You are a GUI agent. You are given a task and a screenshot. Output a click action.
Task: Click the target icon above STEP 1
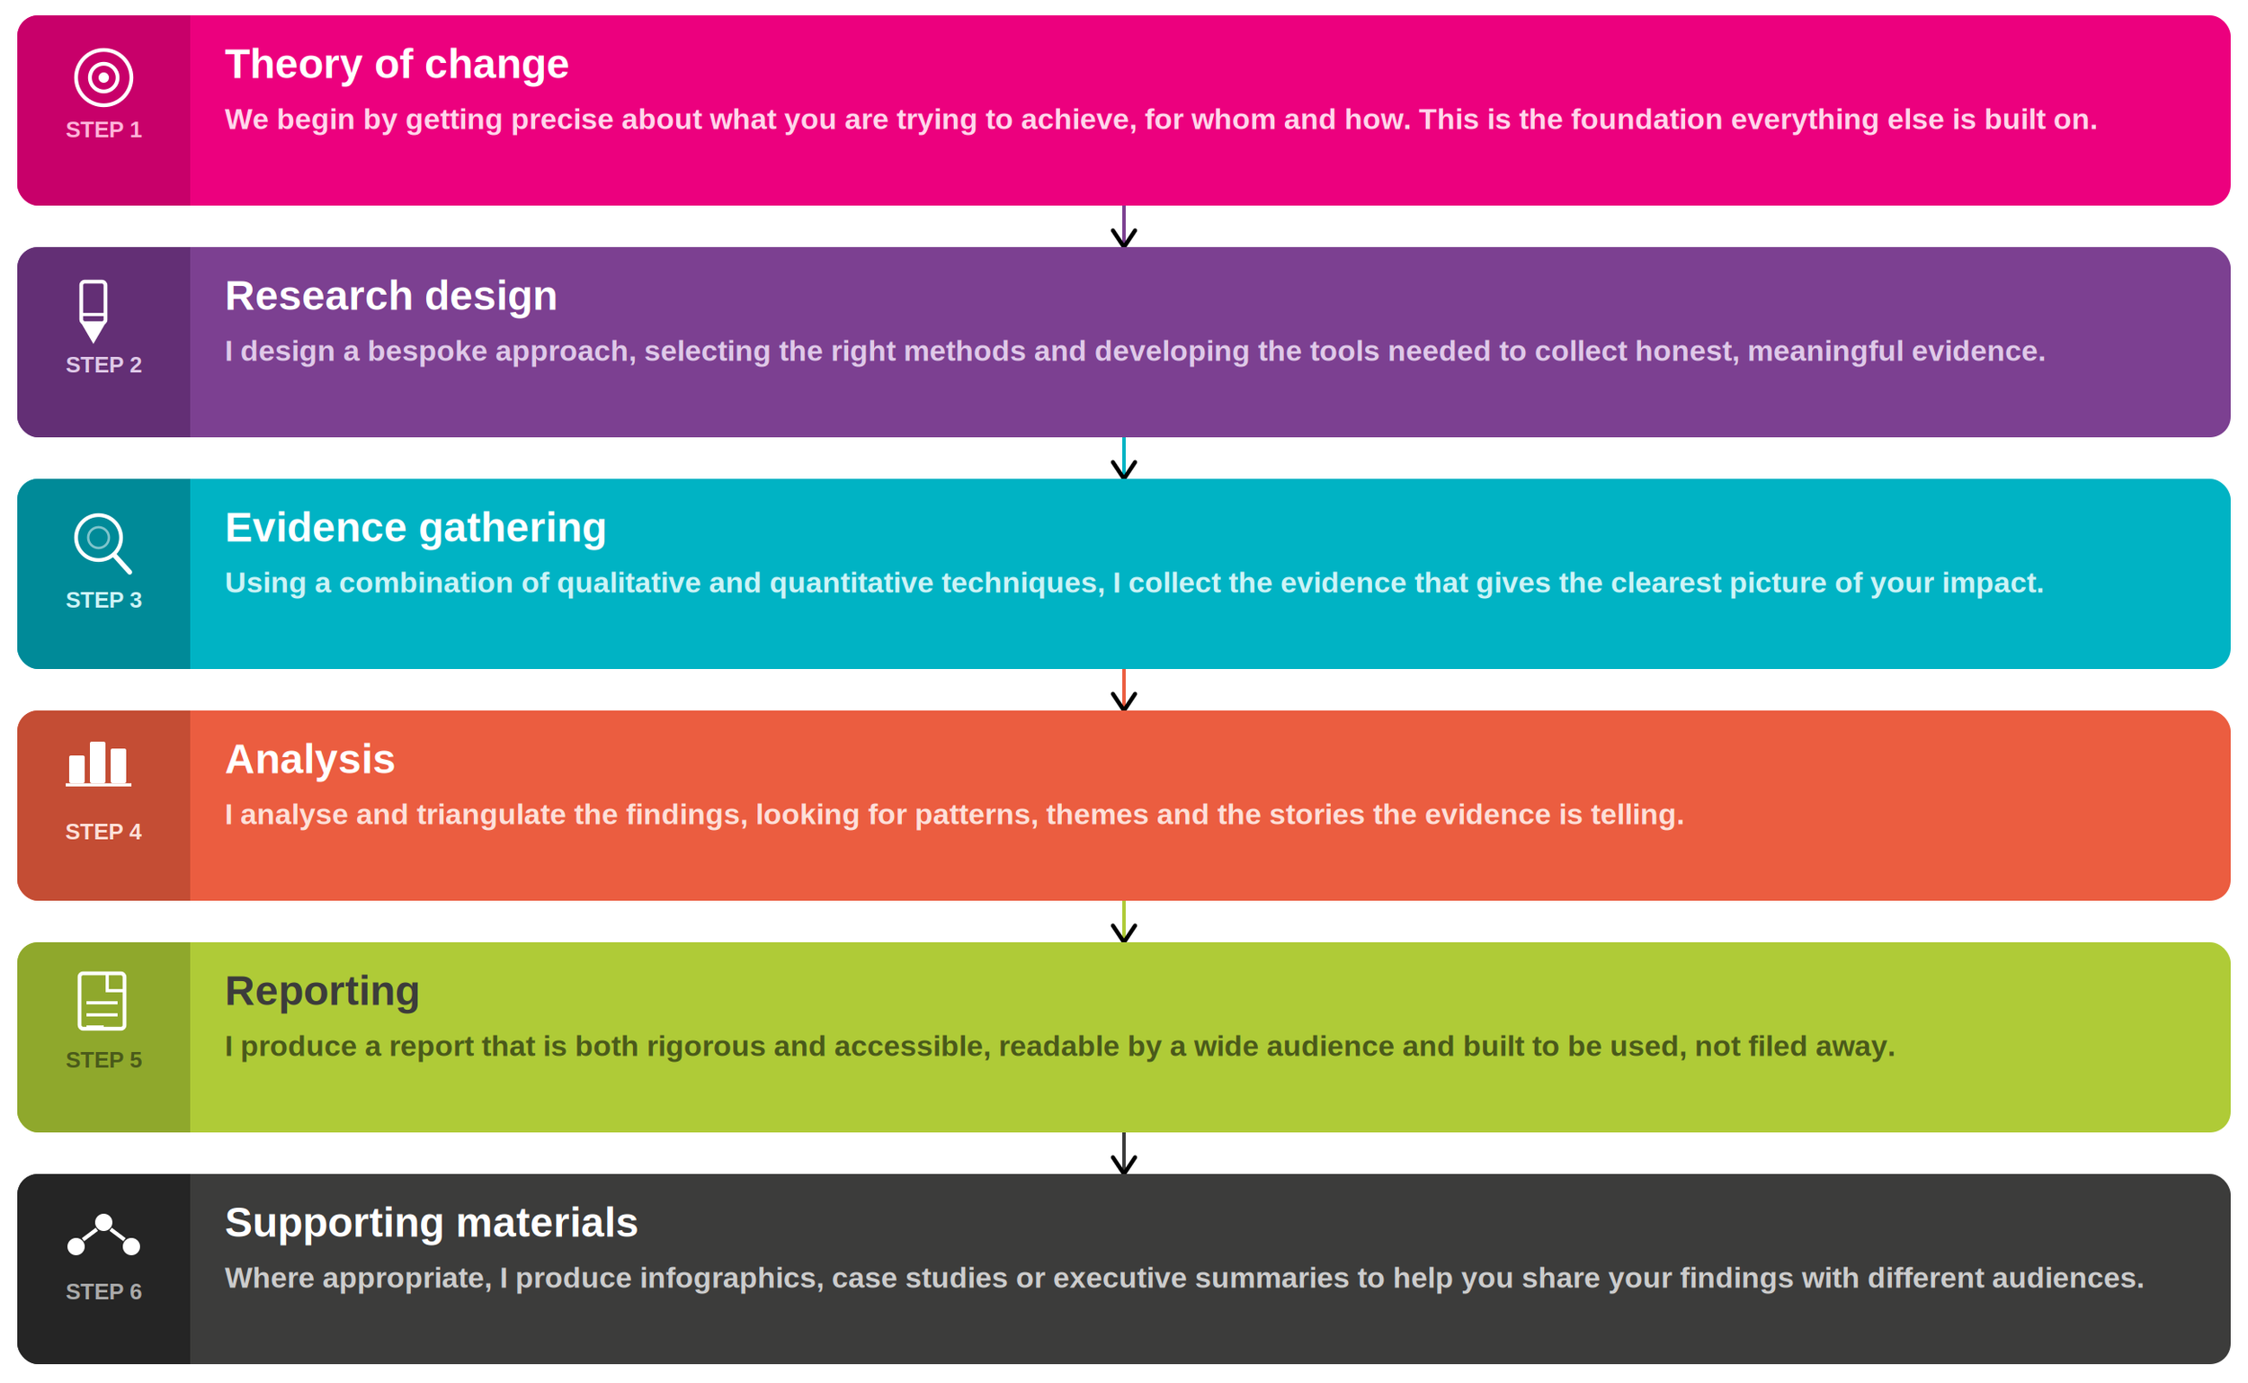click(103, 77)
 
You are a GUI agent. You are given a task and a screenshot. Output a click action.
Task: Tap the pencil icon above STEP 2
click(94, 311)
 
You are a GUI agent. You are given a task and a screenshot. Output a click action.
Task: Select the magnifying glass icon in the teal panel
click(102, 542)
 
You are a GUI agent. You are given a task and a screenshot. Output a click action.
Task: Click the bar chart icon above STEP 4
click(99, 763)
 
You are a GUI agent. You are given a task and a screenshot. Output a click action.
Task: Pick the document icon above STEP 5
click(102, 1000)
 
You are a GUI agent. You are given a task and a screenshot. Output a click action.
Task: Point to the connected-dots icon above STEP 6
click(103, 1234)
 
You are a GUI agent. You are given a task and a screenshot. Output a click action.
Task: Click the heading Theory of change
click(397, 65)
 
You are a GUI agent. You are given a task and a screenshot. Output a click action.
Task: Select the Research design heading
click(390, 297)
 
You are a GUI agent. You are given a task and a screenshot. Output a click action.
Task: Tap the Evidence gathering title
click(415, 528)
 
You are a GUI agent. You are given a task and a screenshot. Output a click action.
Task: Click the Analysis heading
click(310, 759)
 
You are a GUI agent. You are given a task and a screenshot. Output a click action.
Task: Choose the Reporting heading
click(322, 991)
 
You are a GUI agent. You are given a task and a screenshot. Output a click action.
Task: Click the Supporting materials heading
click(431, 1222)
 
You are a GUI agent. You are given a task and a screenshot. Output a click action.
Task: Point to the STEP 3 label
click(103, 600)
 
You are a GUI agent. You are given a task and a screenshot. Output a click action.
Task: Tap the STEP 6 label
click(103, 1291)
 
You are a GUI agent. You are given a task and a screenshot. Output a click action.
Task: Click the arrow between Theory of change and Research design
click(1123, 228)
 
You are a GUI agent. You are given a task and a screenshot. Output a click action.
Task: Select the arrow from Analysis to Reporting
click(1123, 922)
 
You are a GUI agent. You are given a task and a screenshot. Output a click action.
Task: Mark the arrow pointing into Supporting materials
click(1123, 1155)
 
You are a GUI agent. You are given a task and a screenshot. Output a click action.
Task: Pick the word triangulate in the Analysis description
click(491, 815)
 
